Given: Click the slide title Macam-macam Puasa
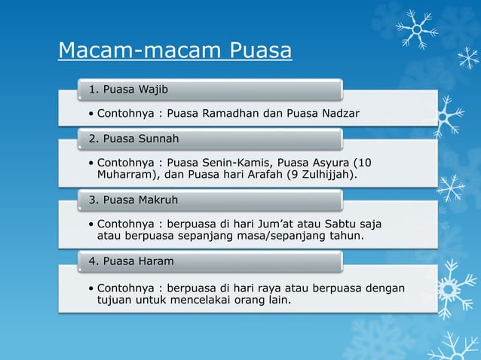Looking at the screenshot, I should point(175,51).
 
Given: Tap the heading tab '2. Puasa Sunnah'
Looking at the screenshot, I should point(133,139).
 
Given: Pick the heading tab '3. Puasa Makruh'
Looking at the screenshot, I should point(133,200).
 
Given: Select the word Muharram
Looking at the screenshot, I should point(124,175).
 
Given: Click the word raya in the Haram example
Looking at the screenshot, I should point(269,288).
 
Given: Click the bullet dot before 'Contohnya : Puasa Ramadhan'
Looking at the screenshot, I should point(90,114).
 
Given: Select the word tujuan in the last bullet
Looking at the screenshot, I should point(114,301).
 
